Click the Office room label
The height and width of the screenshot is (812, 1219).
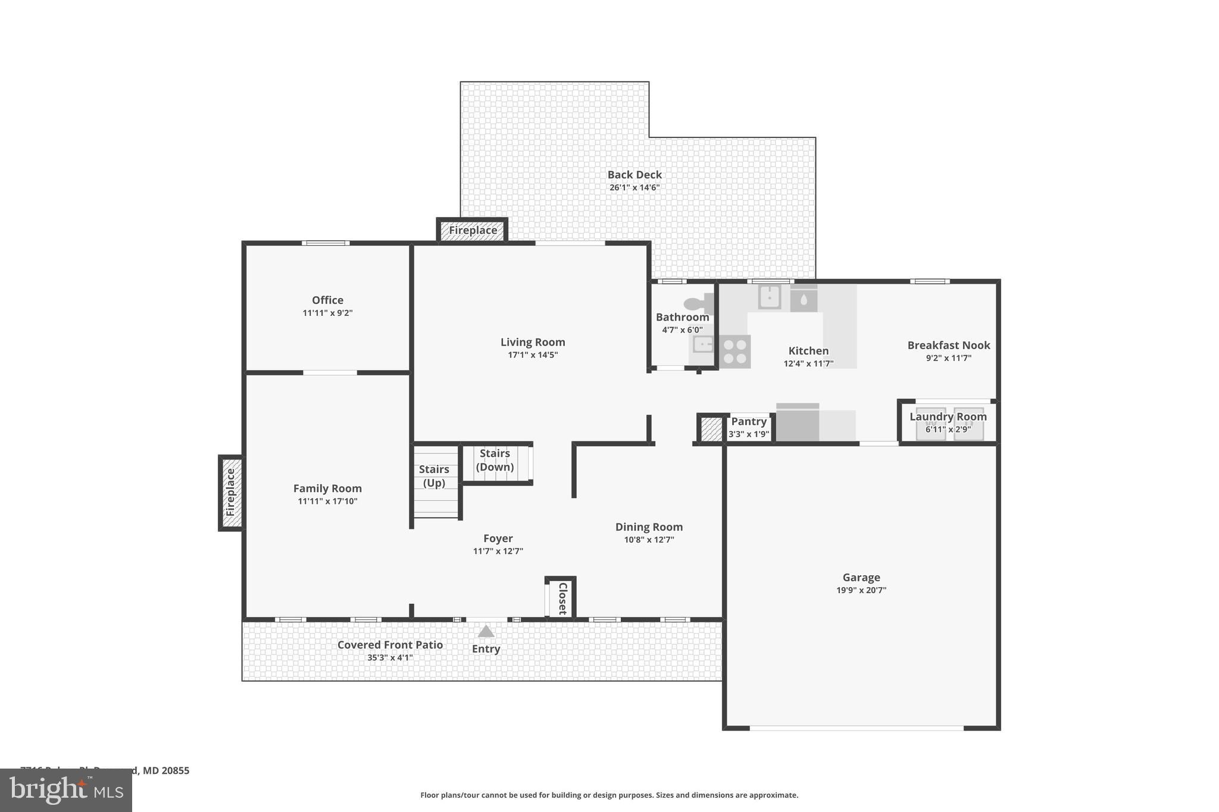click(x=327, y=300)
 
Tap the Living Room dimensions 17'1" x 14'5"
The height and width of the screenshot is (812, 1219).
click(x=532, y=355)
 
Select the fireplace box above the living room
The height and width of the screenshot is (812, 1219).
click(x=473, y=230)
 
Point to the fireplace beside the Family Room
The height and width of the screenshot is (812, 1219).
click(x=231, y=493)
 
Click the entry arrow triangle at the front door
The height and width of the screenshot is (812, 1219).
click(x=486, y=631)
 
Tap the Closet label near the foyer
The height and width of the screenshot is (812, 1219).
click(x=562, y=598)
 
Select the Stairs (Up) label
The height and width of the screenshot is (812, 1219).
click(x=434, y=476)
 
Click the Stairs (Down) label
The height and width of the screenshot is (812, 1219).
click(x=495, y=460)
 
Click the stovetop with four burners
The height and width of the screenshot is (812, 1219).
click(x=734, y=352)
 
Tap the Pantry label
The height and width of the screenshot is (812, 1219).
click(x=749, y=421)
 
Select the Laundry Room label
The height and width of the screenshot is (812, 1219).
click(x=948, y=416)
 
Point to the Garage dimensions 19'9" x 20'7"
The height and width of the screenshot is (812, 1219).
click(x=861, y=590)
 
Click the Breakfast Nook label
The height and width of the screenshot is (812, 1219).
click(x=948, y=345)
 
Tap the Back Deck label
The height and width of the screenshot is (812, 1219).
click(x=634, y=174)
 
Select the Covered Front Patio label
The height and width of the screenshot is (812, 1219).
click(x=390, y=645)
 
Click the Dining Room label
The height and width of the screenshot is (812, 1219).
click(x=649, y=526)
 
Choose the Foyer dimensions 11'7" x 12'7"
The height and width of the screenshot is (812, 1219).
click(x=498, y=551)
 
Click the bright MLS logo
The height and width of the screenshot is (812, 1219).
click(x=66, y=790)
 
